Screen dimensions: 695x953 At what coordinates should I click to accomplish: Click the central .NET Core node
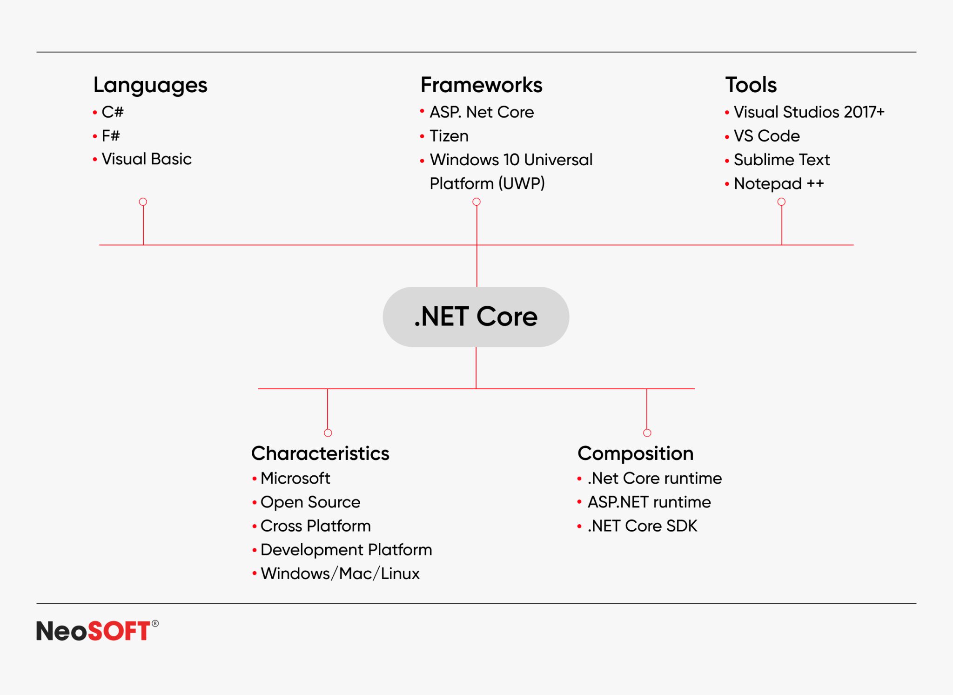476,317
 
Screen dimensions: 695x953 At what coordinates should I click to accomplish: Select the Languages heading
150,85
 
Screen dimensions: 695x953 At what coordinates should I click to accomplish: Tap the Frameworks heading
481,85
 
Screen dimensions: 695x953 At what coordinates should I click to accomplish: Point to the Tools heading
751,85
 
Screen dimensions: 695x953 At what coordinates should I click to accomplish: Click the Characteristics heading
320,453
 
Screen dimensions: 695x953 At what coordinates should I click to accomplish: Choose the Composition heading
635,453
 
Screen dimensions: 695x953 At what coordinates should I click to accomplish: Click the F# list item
111,136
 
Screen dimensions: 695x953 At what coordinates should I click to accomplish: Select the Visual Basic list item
147,159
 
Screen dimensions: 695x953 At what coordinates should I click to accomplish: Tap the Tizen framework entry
449,136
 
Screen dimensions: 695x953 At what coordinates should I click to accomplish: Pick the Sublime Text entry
782,160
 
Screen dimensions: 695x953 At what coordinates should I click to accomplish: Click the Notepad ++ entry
779,183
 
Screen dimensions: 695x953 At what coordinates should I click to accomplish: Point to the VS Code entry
766,136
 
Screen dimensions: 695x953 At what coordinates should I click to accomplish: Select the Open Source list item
310,502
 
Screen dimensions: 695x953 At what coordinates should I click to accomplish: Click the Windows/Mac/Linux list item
340,574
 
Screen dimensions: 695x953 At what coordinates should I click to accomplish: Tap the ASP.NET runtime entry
649,502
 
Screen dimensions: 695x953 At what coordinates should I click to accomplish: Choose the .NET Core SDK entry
642,526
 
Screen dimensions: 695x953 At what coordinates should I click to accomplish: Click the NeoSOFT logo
97,631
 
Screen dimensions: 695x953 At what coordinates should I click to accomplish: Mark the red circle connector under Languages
143,202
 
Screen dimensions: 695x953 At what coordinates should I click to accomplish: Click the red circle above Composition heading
647,433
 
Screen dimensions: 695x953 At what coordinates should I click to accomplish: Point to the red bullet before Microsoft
255,479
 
